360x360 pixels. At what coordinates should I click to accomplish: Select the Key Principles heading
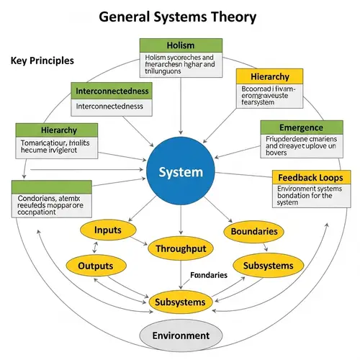(x=42, y=61)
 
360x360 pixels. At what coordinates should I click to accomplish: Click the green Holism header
(x=180, y=45)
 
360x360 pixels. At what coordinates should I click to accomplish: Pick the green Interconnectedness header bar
(x=112, y=91)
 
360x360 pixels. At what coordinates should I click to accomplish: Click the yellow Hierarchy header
(x=270, y=77)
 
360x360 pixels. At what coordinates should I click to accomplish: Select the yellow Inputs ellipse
(x=107, y=230)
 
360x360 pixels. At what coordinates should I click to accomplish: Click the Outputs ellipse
(x=96, y=266)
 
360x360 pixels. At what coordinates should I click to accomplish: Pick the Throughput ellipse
(x=180, y=249)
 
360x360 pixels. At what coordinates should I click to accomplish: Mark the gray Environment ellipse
(x=181, y=336)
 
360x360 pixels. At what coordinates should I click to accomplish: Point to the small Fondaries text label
(x=209, y=275)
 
